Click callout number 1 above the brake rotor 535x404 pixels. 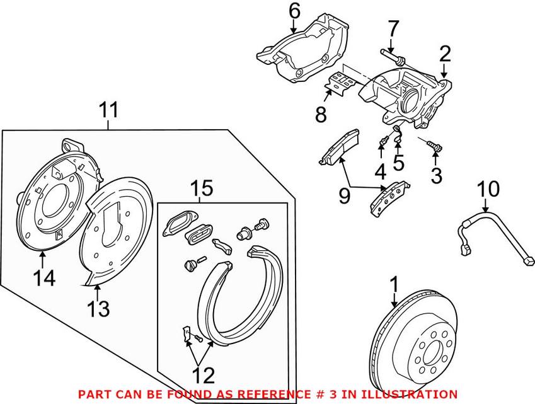tap(394, 284)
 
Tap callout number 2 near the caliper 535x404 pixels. tap(446, 54)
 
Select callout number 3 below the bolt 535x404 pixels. tap(436, 175)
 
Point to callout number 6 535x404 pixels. tap(294, 11)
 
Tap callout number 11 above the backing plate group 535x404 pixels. tap(108, 111)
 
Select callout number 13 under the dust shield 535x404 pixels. tap(99, 309)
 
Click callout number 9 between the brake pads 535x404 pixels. tap(344, 195)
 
